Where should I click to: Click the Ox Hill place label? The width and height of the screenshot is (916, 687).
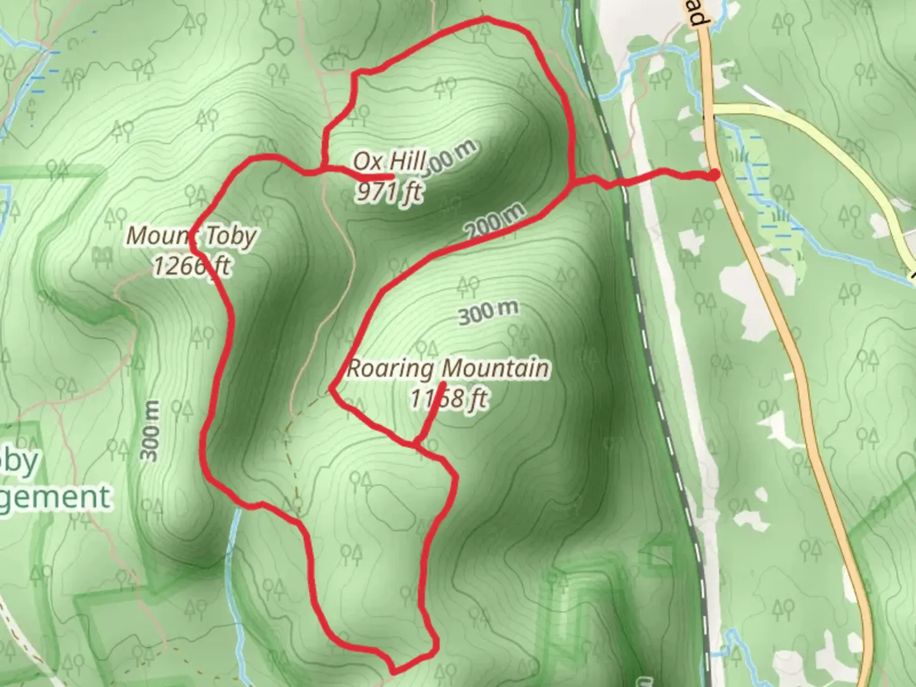pos(389,161)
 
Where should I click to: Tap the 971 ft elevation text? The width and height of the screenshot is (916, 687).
pos(389,191)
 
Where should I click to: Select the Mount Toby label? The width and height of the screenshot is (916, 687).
pos(191,236)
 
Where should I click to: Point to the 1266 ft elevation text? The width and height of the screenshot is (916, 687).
pos(191,265)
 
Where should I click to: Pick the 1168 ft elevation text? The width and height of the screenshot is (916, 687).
pos(448,399)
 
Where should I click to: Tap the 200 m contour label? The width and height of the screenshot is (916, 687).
pos(496,222)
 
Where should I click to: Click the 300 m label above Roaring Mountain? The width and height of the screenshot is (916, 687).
pos(487,312)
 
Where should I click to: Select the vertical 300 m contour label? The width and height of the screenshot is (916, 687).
pos(151,431)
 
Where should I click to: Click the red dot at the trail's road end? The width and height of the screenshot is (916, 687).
pos(715,175)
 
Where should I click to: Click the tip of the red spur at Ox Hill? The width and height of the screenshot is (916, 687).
pos(391,176)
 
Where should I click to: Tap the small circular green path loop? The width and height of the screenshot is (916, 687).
pos(284,45)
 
